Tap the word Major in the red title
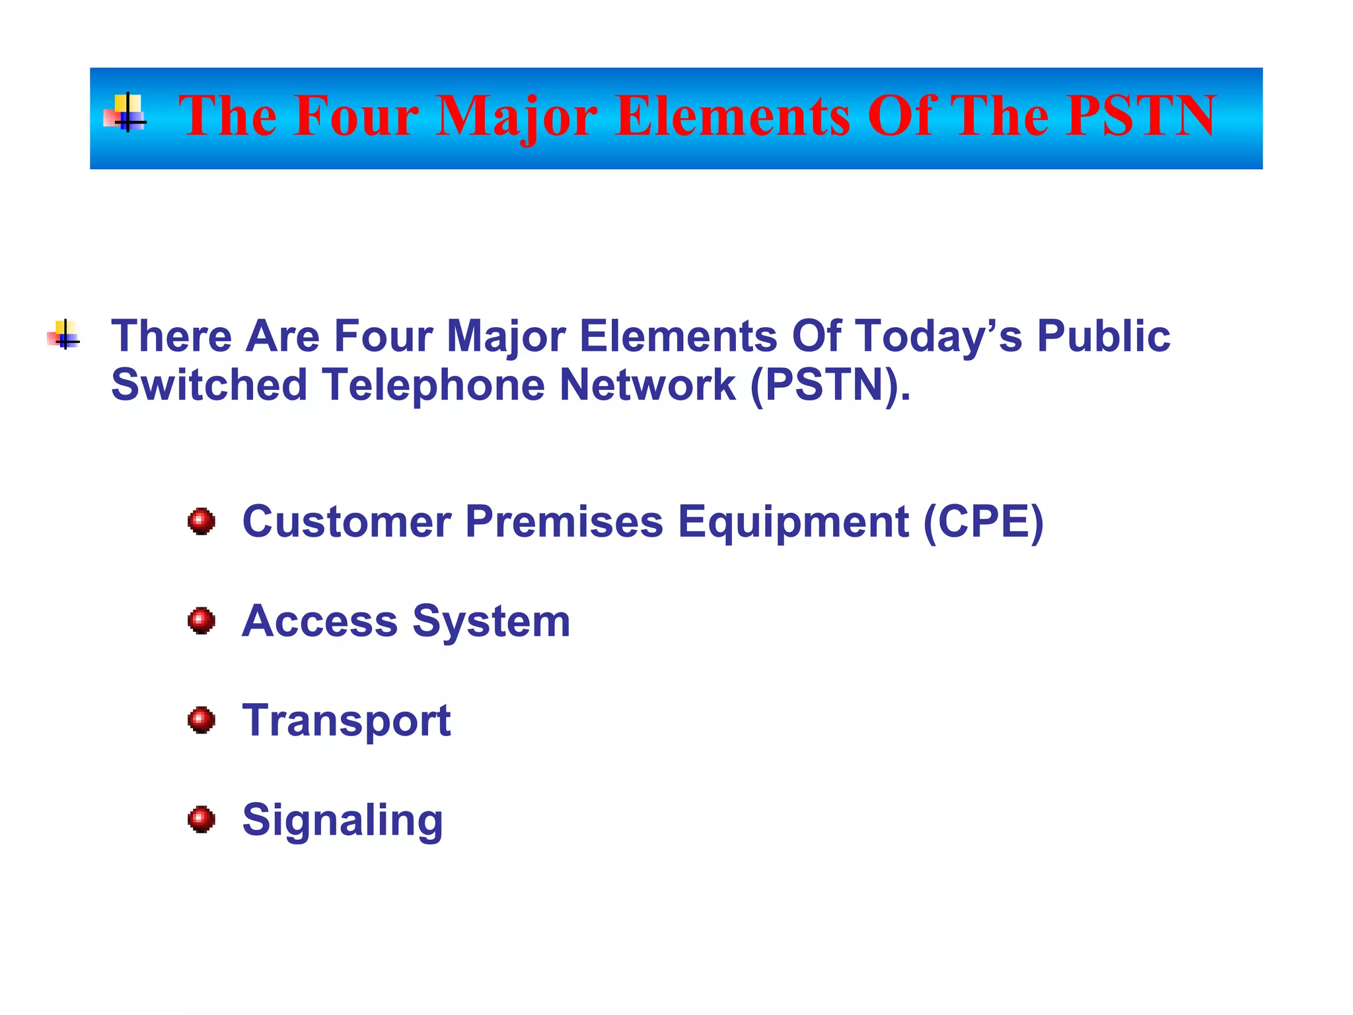(x=517, y=116)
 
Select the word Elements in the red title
(x=733, y=116)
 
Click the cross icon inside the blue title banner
(x=126, y=114)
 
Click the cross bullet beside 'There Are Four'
(x=64, y=335)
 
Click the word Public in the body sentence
(x=1103, y=336)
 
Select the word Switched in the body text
(x=209, y=385)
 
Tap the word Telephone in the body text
(x=433, y=385)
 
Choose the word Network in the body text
(x=647, y=385)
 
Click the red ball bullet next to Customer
(x=201, y=521)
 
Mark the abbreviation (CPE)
(x=983, y=521)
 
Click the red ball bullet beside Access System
(x=201, y=620)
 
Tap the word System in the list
(x=491, y=621)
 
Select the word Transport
(x=346, y=720)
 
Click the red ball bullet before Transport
(x=201, y=720)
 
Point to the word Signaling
(x=342, y=820)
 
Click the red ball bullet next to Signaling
(x=201, y=819)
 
